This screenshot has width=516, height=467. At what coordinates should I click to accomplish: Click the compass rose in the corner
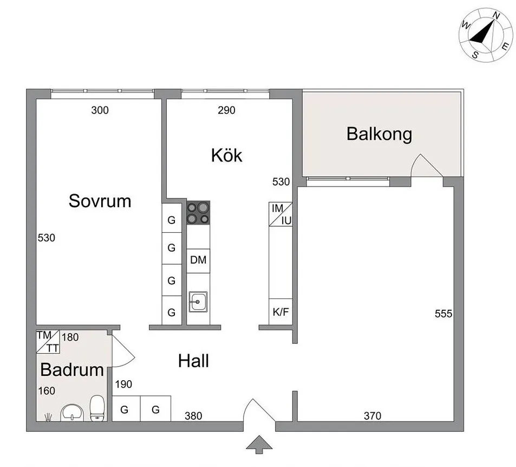[485, 35]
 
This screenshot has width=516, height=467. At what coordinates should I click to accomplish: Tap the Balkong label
[379, 133]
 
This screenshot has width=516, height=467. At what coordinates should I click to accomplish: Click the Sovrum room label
[100, 201]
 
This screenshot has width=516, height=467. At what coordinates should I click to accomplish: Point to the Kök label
[226, 156]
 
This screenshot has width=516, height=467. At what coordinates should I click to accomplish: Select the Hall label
[193, 361]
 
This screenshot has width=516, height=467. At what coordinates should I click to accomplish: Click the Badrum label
[72, 370]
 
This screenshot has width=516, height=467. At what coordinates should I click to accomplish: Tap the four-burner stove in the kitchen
[198, 213]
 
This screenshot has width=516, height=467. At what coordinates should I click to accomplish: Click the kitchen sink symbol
[198, 300]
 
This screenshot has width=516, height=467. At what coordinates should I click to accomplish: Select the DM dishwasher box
[198, 260]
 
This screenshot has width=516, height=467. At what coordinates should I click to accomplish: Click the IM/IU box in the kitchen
[280, 214]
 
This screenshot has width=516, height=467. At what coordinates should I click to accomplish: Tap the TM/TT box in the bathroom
[48, 342]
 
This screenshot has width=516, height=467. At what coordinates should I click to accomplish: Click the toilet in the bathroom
[97, 407]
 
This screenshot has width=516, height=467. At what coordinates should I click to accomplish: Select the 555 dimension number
[443, 314]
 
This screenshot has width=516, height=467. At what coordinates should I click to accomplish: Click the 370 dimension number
[373, 416]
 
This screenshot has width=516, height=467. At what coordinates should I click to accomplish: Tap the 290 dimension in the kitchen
[226, 111]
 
